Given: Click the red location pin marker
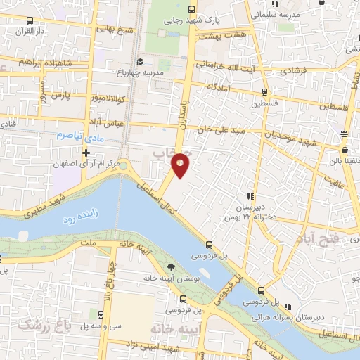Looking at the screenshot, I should tap(181, 164).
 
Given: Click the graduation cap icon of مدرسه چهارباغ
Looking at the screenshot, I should tap(139, 61).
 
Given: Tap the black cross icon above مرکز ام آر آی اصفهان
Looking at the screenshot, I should tap(86, 153).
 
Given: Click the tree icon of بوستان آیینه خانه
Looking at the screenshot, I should tap(170, 266).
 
